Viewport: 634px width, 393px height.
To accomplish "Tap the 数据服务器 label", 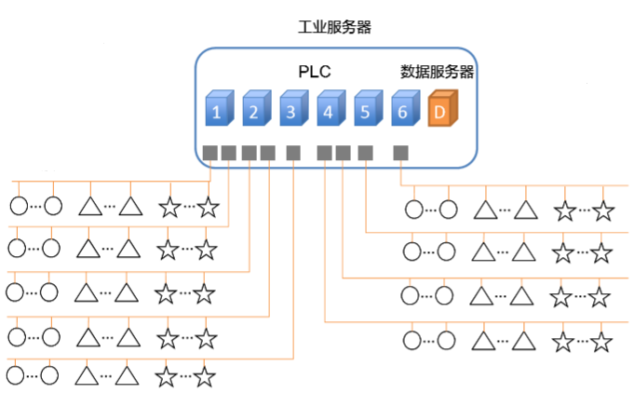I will (437, 72).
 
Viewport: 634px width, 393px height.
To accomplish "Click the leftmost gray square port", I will (210, 152).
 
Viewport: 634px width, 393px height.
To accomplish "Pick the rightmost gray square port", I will (401, 152).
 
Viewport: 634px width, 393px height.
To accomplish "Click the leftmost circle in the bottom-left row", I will (16, 375).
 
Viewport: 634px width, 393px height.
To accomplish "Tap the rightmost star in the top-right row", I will (603, 210).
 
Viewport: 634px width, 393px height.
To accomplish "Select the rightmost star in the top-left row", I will (208, 207).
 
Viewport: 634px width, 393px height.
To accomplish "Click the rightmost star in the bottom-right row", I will (600, 340).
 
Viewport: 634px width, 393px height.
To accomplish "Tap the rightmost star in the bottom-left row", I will (205, 376).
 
